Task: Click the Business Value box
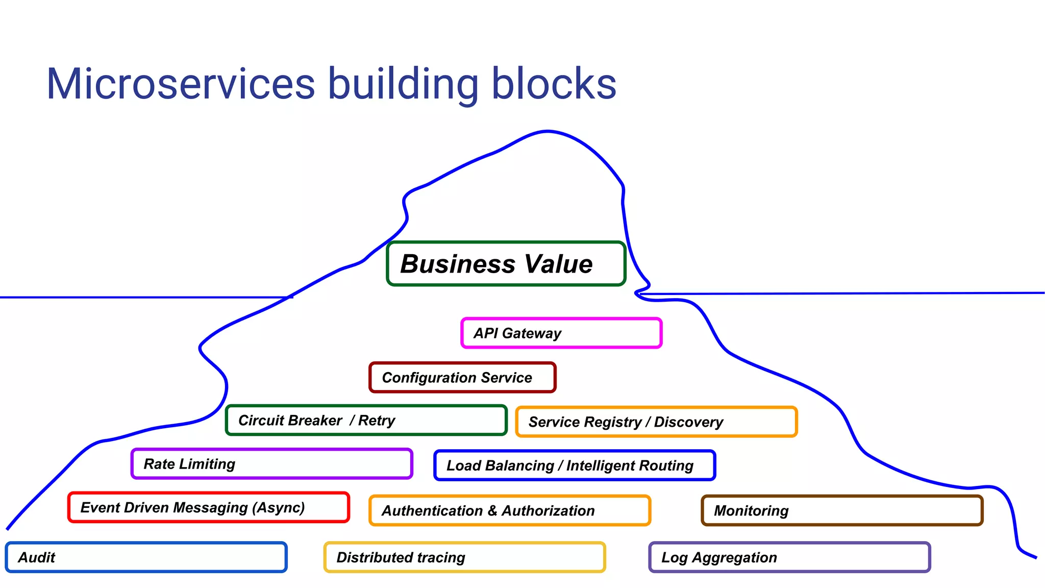coord(506,263)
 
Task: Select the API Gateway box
coord(561,333)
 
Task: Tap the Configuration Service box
coord(462,378)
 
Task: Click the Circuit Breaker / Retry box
coord(366,420)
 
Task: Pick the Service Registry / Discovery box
coord(656,422)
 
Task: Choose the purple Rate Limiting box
coord(271,463)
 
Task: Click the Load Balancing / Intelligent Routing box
coord(575,465)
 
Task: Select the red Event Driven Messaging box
coord(209,507)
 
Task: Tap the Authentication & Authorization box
coord(510,510)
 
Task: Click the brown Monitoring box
coord(842,510)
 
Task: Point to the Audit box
coord(146,557)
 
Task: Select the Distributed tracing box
coord(464,557)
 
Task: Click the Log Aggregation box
coord(789,557)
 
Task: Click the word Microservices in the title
coord(181,84)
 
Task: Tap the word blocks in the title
coord(554,84)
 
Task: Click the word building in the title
coord(403,84)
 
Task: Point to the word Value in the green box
coord(558,264)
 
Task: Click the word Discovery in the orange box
coord(688,422)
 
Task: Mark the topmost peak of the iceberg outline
coord(548,131)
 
